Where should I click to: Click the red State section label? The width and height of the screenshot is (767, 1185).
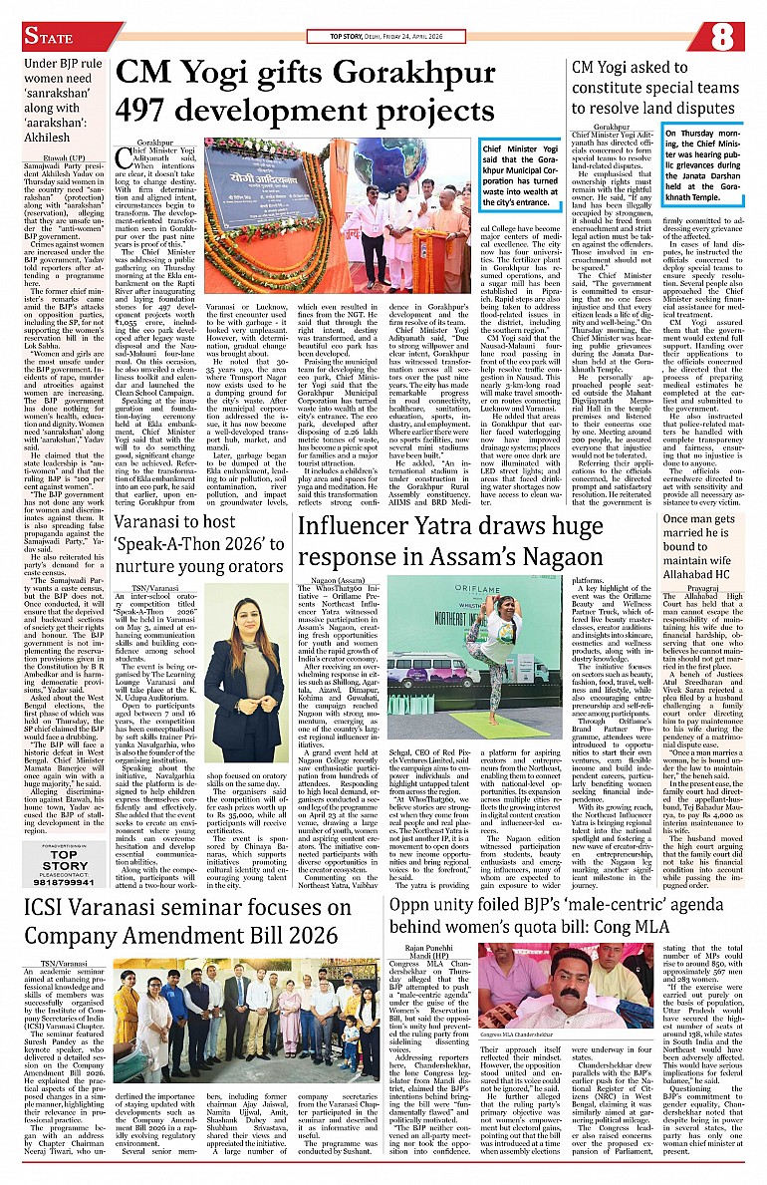pyautogui.click(x=49, y=38)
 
